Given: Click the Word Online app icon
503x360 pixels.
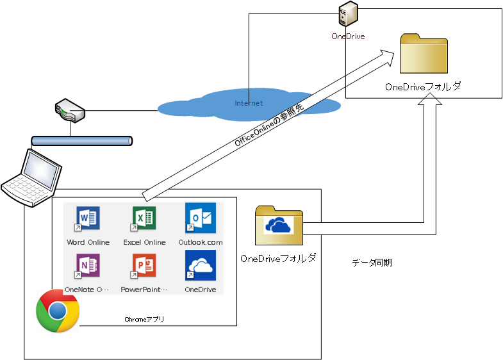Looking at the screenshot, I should tap(88, 219).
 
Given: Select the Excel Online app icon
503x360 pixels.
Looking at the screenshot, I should tap(144, 219).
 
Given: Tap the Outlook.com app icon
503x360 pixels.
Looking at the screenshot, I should tap(201, 218).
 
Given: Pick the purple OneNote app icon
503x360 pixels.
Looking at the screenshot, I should tap(88, 266).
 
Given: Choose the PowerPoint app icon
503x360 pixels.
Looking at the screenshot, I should tap(144, 266).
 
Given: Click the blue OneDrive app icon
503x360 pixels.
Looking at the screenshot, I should tap(201, 265).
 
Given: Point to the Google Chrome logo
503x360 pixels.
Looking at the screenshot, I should tap(58, 311).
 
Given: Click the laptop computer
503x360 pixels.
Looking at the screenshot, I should tap(32, 177).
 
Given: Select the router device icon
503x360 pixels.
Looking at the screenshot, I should tap(69, 110).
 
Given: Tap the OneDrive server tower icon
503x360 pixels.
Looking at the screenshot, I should tap(349, 15).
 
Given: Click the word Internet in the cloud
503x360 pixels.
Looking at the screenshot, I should tap(249, 103).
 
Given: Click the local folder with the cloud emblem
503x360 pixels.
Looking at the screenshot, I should tap(279, 225).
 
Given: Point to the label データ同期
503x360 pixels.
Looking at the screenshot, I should tap(372, 263).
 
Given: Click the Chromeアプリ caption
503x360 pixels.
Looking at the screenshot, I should tap(144, 318).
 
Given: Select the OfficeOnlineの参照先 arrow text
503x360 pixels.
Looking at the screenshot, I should tap(270, 124).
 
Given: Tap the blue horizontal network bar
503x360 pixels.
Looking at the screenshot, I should tap(81, 140).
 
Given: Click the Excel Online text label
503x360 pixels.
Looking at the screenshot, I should tap(144, 242).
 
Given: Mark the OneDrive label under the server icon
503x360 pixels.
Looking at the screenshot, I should tap(348, 37).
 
